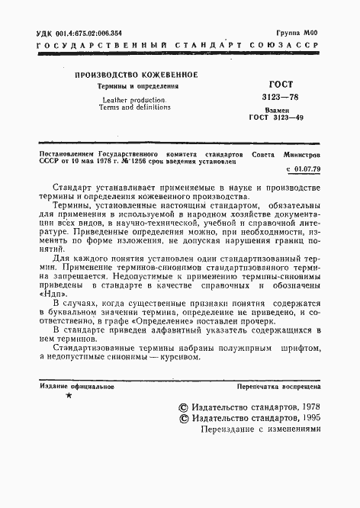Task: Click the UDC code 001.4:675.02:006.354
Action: (91, 35)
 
